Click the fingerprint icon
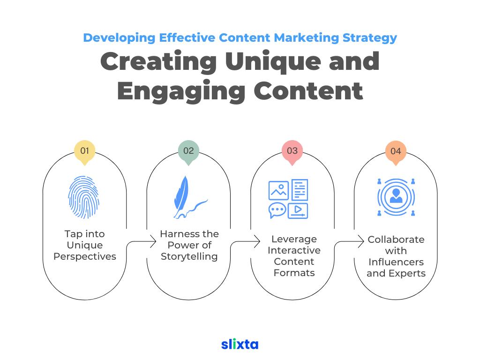click(x=83, y=197)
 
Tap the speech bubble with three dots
click(x=277, y=210)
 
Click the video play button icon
click(x=298, y=210)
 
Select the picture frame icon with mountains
click(x=278, y=190)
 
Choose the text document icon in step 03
click(x=300, y=190)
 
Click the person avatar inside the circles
click(x=396, y=196)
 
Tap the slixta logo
click(x=240, y=344)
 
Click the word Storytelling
click(x=189, y=256)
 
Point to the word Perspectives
click(x=85, y=256)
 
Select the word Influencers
click(x=396, y=262)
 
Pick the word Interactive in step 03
click(x=294, y=250)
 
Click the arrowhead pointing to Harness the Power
click(x=153, y=241)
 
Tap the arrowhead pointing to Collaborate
click(x=361, y=241)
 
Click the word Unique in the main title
click(x=273, y=62)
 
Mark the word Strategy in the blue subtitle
click(x=369, y=38)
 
